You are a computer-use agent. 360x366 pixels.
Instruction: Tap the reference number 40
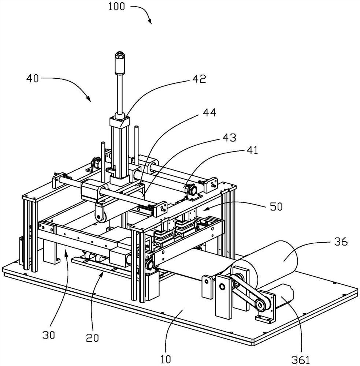[x=33, y=78]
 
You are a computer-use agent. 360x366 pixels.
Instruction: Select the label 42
[x=200, y=79]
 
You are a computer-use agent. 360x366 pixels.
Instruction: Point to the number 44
[x=209, y=113]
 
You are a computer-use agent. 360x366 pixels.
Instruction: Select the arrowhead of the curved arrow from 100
[x=150, y=23]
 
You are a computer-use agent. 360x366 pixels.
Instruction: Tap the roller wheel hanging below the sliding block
[x=99, y=217]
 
